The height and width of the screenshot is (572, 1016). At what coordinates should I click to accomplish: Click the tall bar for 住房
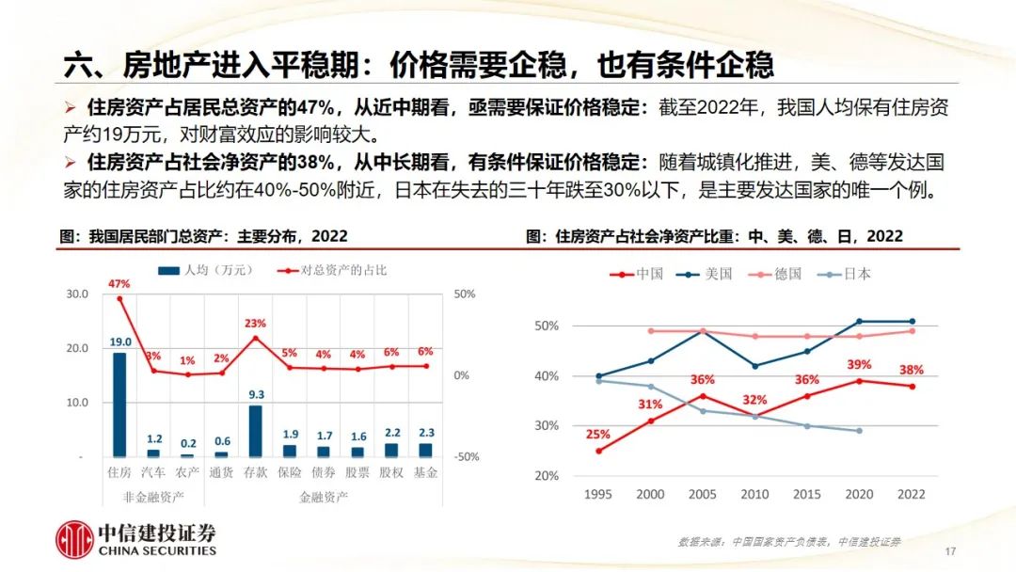[119, 405]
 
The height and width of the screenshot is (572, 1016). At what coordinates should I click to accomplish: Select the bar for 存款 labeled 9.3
[255, 431]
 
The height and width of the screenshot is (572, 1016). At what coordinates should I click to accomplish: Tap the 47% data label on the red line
[119, 283]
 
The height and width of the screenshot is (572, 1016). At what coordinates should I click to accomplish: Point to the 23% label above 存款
[255, 324]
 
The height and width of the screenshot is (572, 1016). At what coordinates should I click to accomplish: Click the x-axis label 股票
[357, 472]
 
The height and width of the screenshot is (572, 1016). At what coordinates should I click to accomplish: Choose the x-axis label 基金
[425, 472]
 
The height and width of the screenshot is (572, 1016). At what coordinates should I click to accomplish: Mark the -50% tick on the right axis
[467, 456]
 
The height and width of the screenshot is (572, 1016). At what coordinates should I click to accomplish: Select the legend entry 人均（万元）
[206, 270]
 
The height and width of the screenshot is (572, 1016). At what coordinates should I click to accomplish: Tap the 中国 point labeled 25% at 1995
[598, 451]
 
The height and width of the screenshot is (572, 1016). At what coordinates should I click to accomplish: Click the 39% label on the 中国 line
[860, 364]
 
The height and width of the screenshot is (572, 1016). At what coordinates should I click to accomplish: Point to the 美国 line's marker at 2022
[911, 321]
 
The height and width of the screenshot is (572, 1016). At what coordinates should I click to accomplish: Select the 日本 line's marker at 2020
[860, 431]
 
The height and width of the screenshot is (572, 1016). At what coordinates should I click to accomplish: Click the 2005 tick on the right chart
[703, 494]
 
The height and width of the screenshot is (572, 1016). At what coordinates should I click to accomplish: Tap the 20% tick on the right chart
[547, 475]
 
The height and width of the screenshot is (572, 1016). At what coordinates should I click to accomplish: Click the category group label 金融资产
[323, 495]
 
